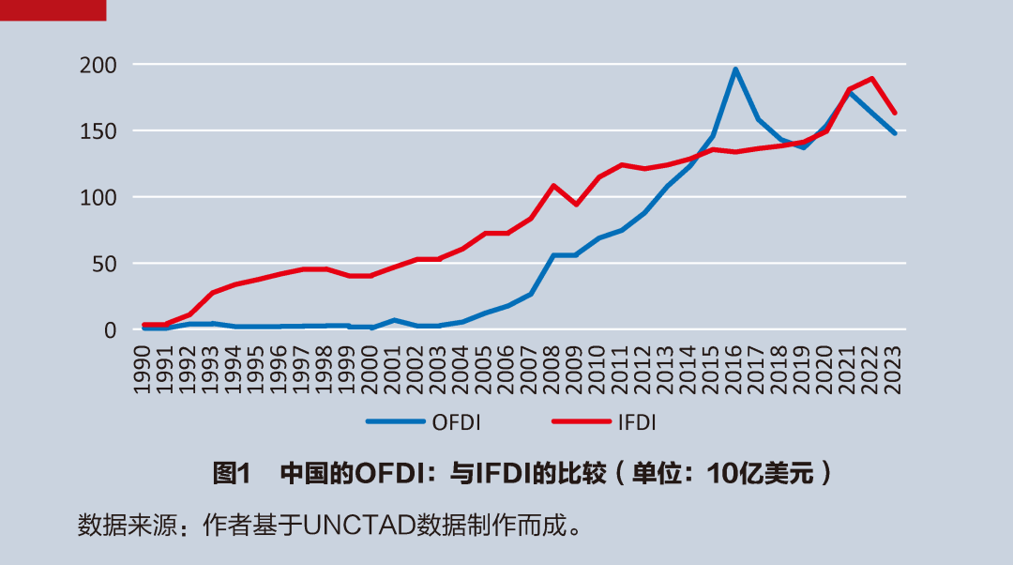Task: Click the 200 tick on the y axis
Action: pos(97,65)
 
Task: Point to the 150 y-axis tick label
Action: pos(97,131)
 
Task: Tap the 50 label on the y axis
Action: pos(102,264)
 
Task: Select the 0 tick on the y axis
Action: pos(109,329)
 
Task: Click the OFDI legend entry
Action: pos(456,423)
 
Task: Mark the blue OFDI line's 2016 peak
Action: pos(735,69)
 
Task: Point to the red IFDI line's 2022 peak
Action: pos(872,78)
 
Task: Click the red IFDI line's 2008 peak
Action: pos(553,185)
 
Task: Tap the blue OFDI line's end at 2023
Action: pos(895,133)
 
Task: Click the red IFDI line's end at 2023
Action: pos(895,112)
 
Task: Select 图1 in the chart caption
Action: pos(231,473)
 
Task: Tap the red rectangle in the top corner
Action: pos(53,9)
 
